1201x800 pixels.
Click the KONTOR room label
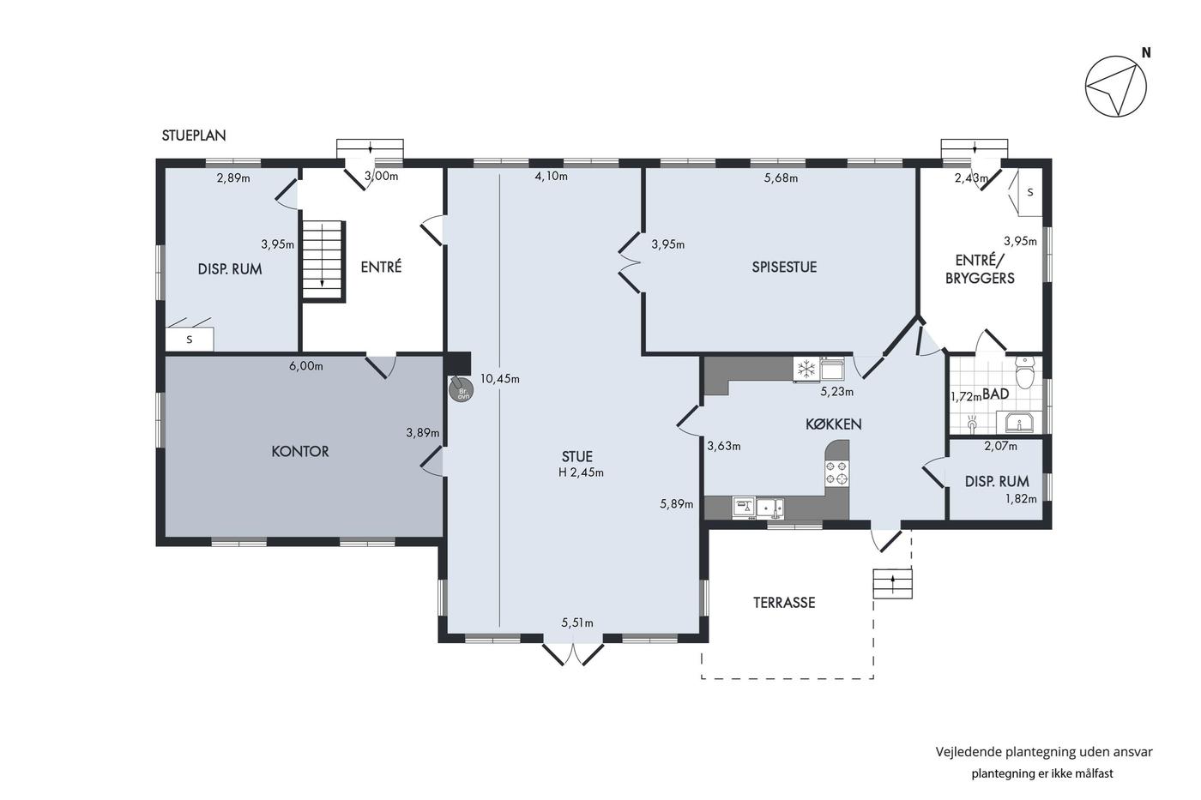coord(300,452)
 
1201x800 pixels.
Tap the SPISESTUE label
coord(784,268)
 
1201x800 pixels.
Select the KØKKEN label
coord(834,424)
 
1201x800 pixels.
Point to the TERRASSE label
coord(784,603)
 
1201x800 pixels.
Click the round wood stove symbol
coord(462,389)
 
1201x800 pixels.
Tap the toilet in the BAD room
coord(1024,372)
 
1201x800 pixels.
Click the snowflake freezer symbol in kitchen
coord(806,369)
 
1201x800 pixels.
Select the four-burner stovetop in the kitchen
coord(837,473)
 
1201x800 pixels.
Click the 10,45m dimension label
coord(499,379)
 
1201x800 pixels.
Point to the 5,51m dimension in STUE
coord(577,623)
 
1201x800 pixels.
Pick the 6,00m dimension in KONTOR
coord(306,366)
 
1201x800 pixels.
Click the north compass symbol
coord(1116,87)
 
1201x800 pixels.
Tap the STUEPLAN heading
coord(194,135)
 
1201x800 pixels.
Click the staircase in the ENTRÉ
coord(323,261)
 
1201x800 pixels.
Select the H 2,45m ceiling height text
coord(582,472)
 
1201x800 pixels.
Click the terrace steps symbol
coord(893,584)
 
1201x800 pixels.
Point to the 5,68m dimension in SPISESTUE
coord(781,177)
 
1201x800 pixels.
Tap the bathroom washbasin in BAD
coord(1019,423)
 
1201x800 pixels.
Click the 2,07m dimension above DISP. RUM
coord(1000,446)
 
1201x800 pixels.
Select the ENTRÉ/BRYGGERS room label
coord(980,269)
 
